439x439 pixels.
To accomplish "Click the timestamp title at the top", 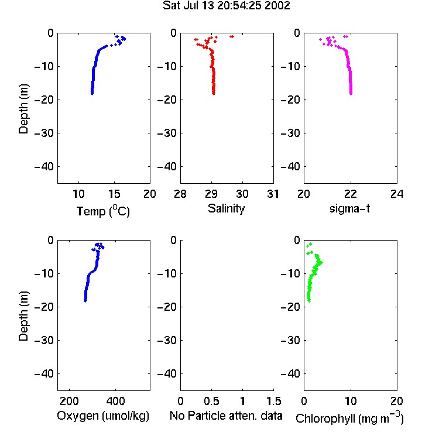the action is (226, 6).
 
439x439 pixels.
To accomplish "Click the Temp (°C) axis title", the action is (103, 211).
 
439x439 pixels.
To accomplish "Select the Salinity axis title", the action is (226, 208).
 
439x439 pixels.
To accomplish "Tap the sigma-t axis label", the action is (349, 208).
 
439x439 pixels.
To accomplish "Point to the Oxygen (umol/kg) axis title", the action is (103, 416).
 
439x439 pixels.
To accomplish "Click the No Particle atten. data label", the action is (226, 416).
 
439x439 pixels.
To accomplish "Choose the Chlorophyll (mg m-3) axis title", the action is (349, 418).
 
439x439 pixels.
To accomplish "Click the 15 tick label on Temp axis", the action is (114, 194).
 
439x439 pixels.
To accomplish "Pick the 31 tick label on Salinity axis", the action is (273, 194).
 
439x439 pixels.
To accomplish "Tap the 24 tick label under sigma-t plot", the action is (397, 194).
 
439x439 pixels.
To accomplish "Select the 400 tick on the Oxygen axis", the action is (115, 401).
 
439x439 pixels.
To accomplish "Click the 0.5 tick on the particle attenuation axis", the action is (211, 401).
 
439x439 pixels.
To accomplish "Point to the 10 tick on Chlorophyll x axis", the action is (351, 401).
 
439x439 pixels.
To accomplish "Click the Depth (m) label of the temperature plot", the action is (23, 109).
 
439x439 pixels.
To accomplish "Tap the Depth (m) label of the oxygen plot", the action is (23, 316).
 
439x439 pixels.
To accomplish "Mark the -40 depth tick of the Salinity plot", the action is (167, 167).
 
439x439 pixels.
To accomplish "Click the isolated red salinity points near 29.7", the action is (232, 36).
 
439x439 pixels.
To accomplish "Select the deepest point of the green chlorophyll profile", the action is (309, 301).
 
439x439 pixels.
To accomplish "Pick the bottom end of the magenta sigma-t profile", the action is (351, 94).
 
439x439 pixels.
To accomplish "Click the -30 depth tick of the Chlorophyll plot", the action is (290, 340).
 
